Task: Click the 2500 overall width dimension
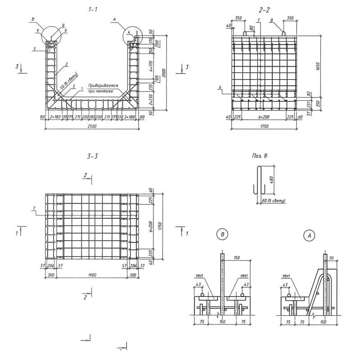92,126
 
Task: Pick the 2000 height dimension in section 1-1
165,73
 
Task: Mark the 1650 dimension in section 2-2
318,66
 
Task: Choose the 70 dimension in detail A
332,259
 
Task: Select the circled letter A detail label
309,234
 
